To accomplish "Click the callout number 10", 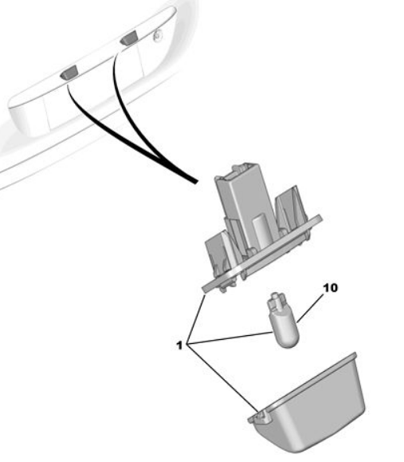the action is coord(330,287).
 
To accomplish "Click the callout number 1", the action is coord(179,345).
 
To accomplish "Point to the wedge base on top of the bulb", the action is coord(277,301).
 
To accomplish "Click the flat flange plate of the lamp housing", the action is coord(262,254).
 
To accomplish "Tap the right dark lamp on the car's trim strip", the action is coord(128,38).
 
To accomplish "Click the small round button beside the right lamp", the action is coord(158,36).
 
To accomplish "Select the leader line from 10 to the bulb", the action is coord(311,308).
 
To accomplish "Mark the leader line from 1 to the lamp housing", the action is coord(196,318).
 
